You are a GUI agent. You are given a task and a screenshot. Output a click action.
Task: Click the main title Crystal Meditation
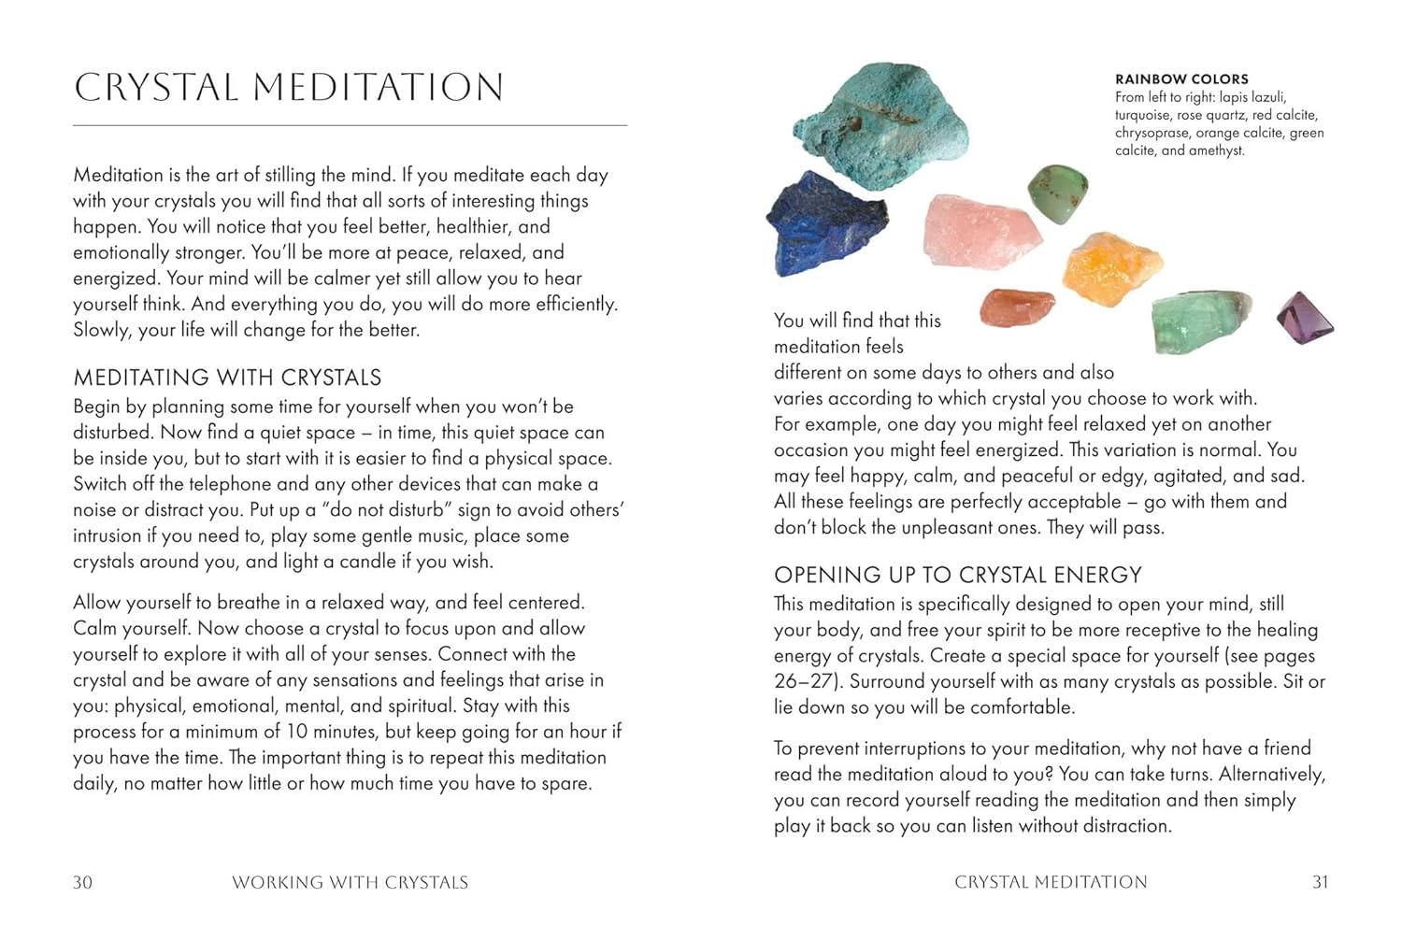click(289, 88)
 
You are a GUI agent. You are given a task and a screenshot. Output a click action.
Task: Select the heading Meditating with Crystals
click(227, 378)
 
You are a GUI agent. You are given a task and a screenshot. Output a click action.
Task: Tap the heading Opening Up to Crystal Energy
click(958, 575)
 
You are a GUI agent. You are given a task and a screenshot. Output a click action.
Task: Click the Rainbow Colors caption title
click(1181, 79)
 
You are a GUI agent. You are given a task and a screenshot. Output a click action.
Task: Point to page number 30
click(82, 882)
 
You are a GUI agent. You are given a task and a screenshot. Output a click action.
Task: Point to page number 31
click(1320, 882)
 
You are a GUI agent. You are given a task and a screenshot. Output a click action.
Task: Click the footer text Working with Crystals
click(350, 882)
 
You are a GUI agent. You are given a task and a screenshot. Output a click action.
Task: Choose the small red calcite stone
click(1016, 307)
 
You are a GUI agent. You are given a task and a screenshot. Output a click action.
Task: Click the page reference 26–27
click(808, 681)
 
